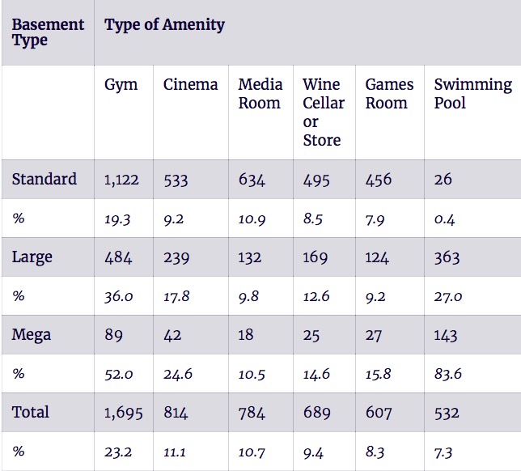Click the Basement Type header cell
[x=48, y=32]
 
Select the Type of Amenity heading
[x=164, y=25]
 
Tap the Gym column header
[x=121, y=85]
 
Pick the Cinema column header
[x=190, y=84]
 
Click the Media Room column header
[x=260, y=94]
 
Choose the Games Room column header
[x=389, y=94]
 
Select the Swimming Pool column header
[x=473, y=94]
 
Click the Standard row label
[x=44, y=179]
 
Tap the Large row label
[x=32, y=257]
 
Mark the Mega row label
[x=32, y=335]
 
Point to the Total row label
[x=30, y=412]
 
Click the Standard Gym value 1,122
[x=121, y=180]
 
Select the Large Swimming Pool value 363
[x=447, y=257]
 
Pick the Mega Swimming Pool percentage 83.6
[x=448, y=374]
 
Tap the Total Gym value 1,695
[x=123, y=413]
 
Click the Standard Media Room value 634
[x=252, y=180]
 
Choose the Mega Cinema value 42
[x=172, y=335]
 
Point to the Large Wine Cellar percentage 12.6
[x=316, y=296]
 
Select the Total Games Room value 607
[x=379, y=413]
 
